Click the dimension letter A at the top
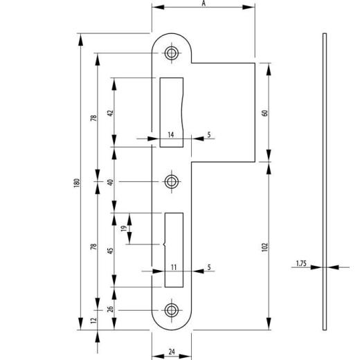click(x=204, y=3)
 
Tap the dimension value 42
click(x=111, y=112)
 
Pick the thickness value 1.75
click(x=300, y=264)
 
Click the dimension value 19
click(x=124, y=229)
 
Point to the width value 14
click(x=170, y=135)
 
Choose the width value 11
click(x=174, y=267)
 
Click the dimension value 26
click(x=111, y=309)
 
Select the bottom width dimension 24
click(x=171, y=351)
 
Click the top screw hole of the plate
click(x=171, y=53)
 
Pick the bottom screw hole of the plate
click(x=171, y=309)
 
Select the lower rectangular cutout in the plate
click(x=174, y=249)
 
